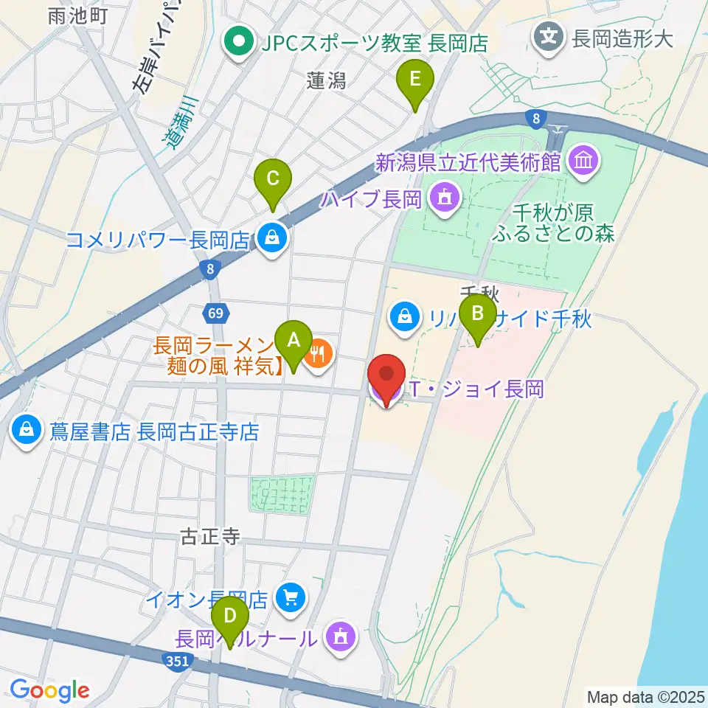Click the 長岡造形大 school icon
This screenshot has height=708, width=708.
pos(550,35)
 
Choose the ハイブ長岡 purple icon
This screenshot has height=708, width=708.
pos(445,197)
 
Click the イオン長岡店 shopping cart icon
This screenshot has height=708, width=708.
pos(291,595)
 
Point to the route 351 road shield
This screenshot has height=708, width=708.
pos(177,661)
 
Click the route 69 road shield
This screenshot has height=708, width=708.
pos(215,313)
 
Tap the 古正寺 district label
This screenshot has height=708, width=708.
pos(210,536)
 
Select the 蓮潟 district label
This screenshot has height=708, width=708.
pos(326,80)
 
